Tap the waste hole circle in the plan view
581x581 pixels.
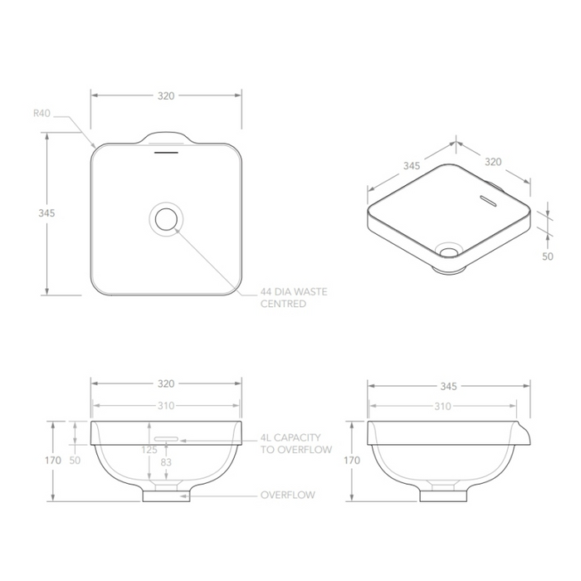click(166, 218)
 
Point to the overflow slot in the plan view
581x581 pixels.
click(167, 152)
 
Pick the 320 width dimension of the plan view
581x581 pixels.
click(166, 95)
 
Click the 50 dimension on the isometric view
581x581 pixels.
click(547, 256)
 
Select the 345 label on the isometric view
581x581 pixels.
click(411, 166)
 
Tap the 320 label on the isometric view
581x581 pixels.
click(493, 162)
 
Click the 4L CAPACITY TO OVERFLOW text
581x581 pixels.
click(295, 443)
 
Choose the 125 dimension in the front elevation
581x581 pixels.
click(149, 449)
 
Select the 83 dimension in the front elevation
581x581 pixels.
click(166, 461)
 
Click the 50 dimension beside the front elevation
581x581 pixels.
click(76, 459)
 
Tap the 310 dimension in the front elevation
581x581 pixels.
click(166, 406)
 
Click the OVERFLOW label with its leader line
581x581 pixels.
click(287, 495)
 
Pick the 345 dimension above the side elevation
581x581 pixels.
click(448, 386)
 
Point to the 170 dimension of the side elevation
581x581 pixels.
click(352, 459)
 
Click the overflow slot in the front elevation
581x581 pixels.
click(167, 436)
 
